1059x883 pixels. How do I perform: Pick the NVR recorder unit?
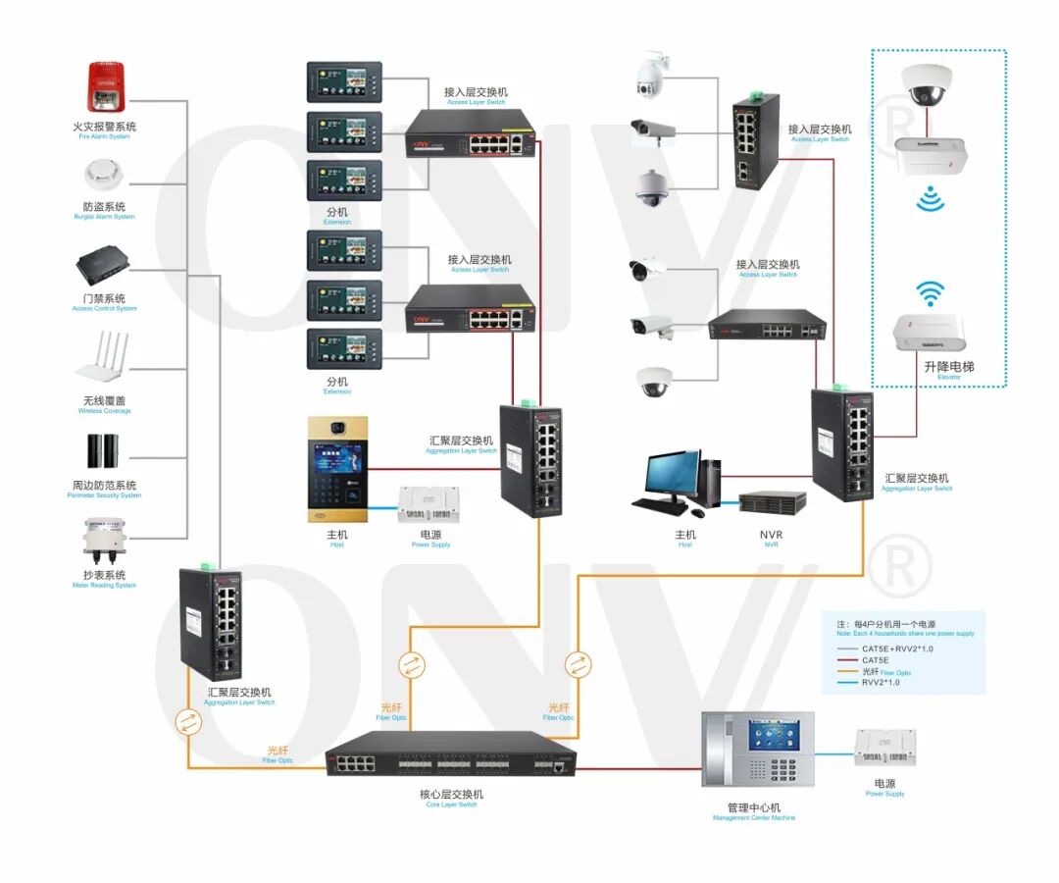click(772, 503)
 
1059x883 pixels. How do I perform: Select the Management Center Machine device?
click(758, 749)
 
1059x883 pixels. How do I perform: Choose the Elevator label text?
click(948, 368)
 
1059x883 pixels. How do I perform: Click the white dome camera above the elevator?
click(927, 84)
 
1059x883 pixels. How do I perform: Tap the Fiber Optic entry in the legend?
click(885, 671)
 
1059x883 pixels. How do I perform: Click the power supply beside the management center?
click(884, 749)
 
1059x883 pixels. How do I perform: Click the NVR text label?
click(771, 535)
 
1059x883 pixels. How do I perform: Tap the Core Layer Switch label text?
click(451, 795)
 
